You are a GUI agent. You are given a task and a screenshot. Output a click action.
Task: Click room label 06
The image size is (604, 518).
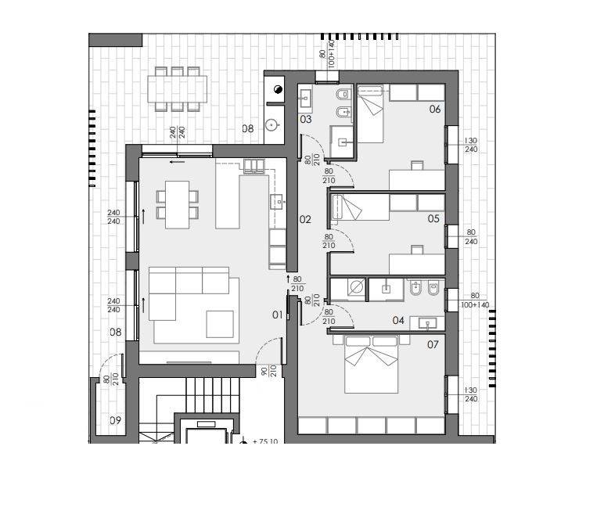click(434, 110)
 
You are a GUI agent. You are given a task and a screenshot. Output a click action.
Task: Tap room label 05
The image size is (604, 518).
click(433, 219)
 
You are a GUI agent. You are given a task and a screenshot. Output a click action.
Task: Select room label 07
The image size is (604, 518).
click(433, 345)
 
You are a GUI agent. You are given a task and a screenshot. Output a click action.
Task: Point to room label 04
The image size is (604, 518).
click(398, 321)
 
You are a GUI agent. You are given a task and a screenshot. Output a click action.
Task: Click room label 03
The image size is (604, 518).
click(305, 120)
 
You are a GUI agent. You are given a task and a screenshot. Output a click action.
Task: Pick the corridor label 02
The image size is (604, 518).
click(305, 220)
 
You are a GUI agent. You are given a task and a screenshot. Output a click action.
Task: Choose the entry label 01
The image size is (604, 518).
click(277, 315)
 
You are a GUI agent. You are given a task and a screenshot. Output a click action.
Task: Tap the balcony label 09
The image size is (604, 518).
click(115, 420)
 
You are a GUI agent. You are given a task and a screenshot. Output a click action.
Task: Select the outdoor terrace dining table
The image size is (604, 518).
click(177, 89)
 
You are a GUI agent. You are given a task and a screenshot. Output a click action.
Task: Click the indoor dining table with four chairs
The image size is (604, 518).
click(177, 204)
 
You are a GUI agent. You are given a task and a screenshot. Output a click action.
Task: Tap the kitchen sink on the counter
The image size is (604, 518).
click(277, 201)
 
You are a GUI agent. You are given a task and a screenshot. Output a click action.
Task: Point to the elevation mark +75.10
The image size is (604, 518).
click(265, 441)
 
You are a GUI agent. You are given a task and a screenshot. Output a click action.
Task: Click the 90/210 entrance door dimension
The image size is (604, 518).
click(269, 371)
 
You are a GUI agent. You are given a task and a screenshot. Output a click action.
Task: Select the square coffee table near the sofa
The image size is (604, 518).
click(220, 324)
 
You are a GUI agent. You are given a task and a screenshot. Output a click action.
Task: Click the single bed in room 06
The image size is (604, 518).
click(370, 114)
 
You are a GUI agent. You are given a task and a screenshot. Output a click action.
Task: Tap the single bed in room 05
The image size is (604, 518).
click(360, 207)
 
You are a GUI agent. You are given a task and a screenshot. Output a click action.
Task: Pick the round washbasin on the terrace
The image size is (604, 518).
click(272, 124)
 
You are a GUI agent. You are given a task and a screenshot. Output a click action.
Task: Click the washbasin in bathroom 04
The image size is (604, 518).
click(427, 323)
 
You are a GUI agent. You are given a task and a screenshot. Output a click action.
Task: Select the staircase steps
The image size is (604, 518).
click(213, 394)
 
